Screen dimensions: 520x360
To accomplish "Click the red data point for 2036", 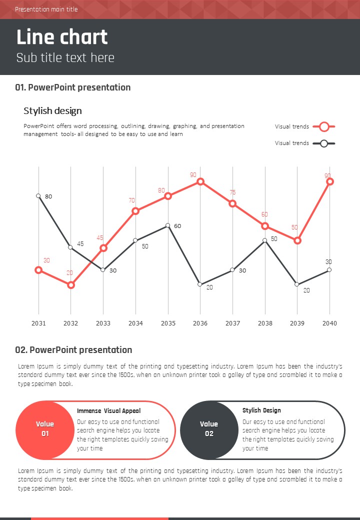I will click(x=200, y=181).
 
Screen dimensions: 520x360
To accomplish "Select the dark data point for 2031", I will click(x=38, y=196).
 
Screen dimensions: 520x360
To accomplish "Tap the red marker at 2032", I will click(x=70, y=285).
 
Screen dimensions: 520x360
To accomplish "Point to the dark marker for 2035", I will click(x=168, y=225).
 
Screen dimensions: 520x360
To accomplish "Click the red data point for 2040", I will click(x=329, y=181).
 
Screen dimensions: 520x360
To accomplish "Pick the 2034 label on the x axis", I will click(x=135, y=323).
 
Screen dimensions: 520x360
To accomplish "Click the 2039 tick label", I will click(x=297, y=323).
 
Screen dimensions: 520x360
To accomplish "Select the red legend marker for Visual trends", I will click(x=324, y=126).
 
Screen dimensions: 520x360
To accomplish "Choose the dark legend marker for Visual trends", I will click(x=324, y=143).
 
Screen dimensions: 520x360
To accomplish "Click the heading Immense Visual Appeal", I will click(x=108, y=411).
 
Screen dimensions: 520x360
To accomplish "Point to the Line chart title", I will click(x=62, y=37).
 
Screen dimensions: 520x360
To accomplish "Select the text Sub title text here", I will click(x=65, y=57).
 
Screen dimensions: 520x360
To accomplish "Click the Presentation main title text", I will click(x=46, y=9).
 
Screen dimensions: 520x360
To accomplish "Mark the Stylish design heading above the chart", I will click(x=52, y=110).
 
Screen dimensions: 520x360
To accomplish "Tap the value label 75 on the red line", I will click(x=232, y=192).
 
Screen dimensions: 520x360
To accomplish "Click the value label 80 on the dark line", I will click(x=48, y=196).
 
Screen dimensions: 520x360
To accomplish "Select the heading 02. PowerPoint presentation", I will click(x=73, y=349).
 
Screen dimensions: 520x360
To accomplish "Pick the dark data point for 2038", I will click(x=265, y=240).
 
